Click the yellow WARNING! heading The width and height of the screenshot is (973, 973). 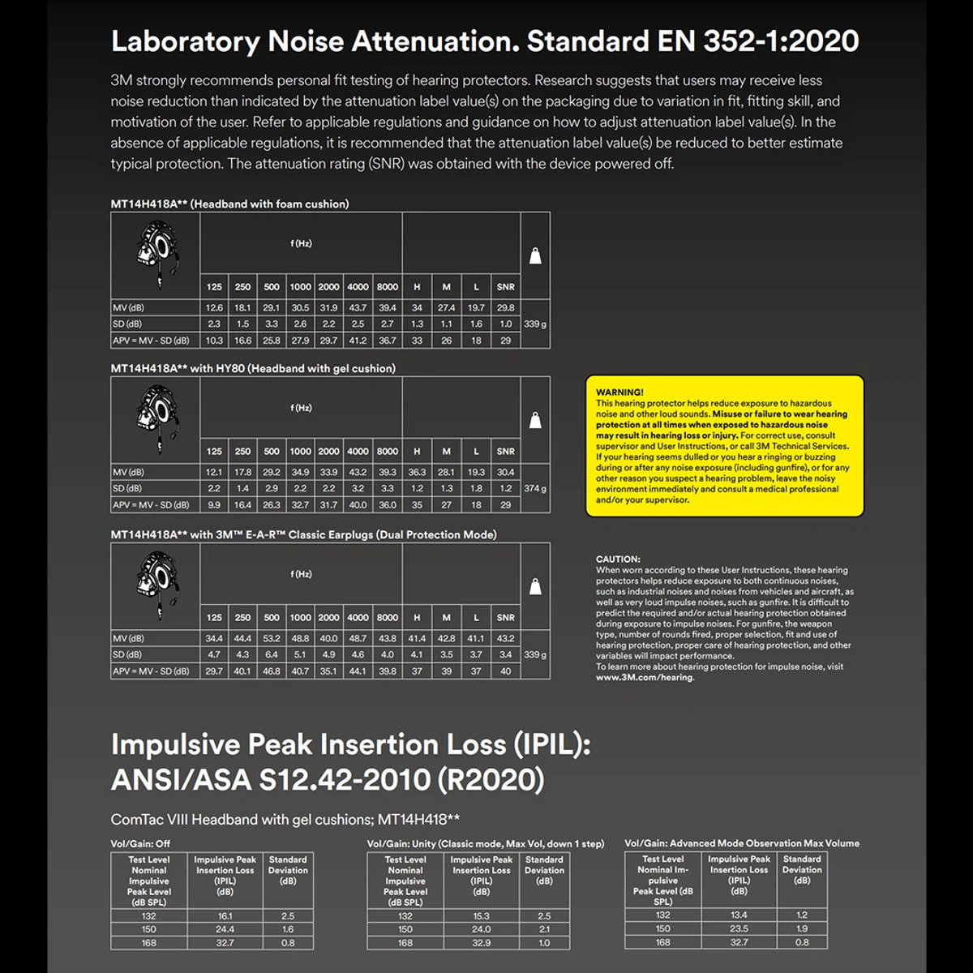(619, 392)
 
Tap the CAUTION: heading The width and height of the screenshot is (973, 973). (618, 559)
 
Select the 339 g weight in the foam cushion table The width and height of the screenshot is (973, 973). (535, 324)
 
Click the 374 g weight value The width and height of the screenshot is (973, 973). (535, 489)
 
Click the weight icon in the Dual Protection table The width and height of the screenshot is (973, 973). (535, 586)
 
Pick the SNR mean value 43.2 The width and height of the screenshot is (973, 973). (505, 639)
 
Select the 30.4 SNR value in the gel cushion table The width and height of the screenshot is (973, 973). (505, 473)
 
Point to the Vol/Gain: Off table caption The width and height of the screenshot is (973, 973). (140, 844)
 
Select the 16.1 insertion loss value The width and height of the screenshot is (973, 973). (225, 916)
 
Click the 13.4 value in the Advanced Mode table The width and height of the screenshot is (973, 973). (739, 915)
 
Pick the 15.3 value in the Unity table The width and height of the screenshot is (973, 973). (481, 916)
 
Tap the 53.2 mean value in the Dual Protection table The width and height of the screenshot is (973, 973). (272, 639)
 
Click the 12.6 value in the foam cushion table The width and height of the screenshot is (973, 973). (214, 308)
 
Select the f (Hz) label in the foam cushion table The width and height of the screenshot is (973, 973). (301, 244)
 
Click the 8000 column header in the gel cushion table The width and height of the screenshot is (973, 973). (388, 452)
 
